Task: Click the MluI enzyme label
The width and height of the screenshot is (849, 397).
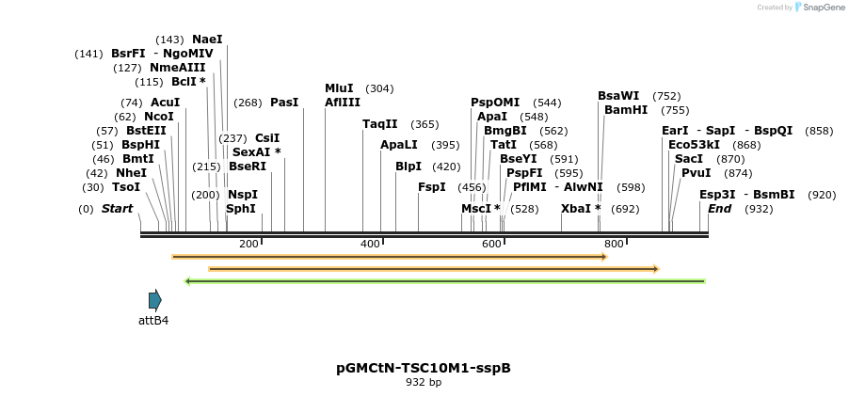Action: pyautogui.click(x=339, y=87)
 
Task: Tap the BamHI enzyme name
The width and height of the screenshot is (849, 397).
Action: pyautogui.click(x=626, y=109)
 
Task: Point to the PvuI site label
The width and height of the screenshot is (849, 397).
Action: pyautogui.click(x=697, y=172)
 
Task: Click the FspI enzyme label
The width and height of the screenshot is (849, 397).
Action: pyautogui.click(x=431, y=186)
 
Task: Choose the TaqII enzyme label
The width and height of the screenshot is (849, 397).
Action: pyautogui.click(x=380, y=123)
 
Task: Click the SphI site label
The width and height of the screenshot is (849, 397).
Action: pyautogui.click(x=241, y=208)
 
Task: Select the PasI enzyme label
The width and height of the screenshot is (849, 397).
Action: pyautogui.click(x=284, y=102)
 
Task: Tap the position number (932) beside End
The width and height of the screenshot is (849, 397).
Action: pyautogui.click(x=758, y=208)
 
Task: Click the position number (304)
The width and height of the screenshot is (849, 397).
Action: pyautogui.click(x=379, y=87)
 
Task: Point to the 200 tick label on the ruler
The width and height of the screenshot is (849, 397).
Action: pyautogui.click(x=248, y=244)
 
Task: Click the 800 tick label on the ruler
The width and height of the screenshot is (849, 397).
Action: pyautogui.click(x=614, y=244)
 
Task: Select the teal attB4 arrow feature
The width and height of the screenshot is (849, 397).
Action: pyautogui.click(x=155, y=300)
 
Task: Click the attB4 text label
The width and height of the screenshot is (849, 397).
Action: pyautogui.click(x=153, y=320)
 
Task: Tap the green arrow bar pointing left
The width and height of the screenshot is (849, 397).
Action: pyautogui.click(x=445, y=280)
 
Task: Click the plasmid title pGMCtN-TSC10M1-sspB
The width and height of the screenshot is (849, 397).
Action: pyautogui.click(x=424, y=368)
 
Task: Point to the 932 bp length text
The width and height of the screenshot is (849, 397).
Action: pyautogui.click(x=424, y=382)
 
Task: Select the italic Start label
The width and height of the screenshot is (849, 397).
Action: pyautogui.click(x=118, y=208)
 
